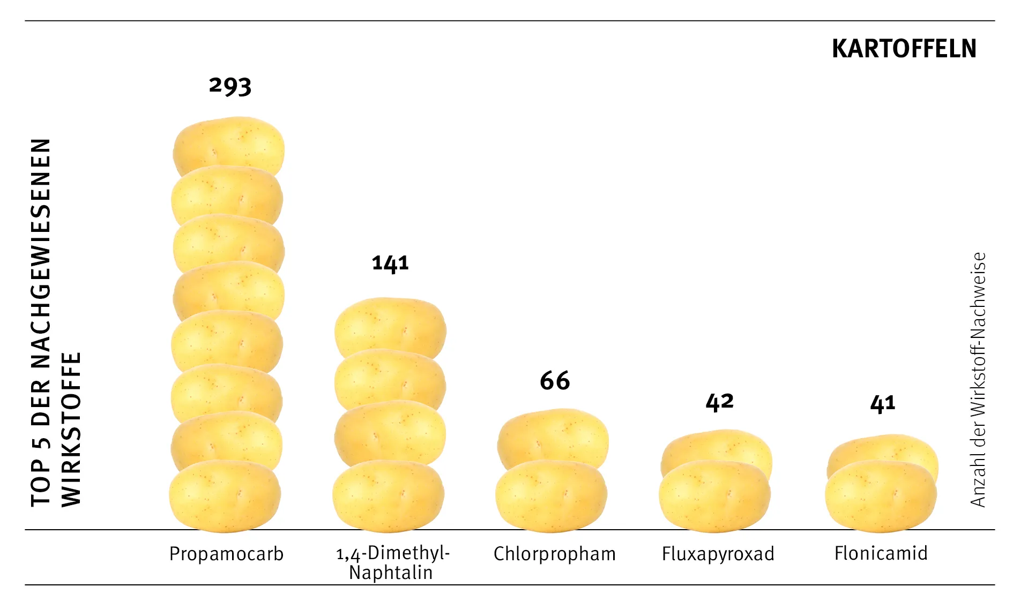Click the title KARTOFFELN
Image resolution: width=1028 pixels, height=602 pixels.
click(x=904, y=49)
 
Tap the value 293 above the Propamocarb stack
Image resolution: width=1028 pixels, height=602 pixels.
click(x=230, y=86)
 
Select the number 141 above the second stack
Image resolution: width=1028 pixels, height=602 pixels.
click(x=390, y=263)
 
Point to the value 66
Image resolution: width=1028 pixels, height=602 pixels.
click(x=555, y=381)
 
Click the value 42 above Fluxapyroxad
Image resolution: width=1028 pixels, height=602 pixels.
click(x=719, y=402)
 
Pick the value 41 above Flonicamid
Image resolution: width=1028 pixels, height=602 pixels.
click(x=882, y=403)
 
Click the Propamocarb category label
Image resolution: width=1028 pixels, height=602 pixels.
click(x=226, y=554)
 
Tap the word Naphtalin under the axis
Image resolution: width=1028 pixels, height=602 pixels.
click(x=391, y=573)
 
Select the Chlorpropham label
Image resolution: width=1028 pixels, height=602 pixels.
click(x=555, y=554)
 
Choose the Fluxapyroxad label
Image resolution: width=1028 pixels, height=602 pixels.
click(x=718, y=554)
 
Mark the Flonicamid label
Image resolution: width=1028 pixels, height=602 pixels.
click(x=881, y=553)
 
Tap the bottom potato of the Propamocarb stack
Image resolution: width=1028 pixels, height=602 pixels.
click(x=225, y=495)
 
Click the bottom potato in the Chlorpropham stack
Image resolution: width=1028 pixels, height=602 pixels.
click(x=552, y=495)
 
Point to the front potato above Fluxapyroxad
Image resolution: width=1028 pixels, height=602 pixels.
click(x=714, y=495)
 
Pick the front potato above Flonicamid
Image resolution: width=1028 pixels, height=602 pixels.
click(x=881, y=495)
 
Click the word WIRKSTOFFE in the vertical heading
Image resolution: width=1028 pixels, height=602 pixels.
click(x=71, y=428)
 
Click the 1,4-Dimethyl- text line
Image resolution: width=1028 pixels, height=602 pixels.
click(x=393, y=553)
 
